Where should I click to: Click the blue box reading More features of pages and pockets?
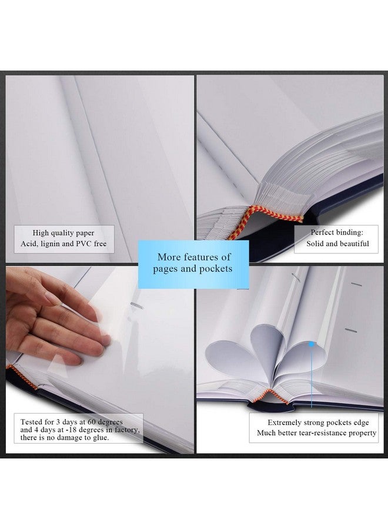point(193,263)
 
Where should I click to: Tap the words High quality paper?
point(63,233)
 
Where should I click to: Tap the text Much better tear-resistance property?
point(316,433)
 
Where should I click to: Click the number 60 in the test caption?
point(93,422)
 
